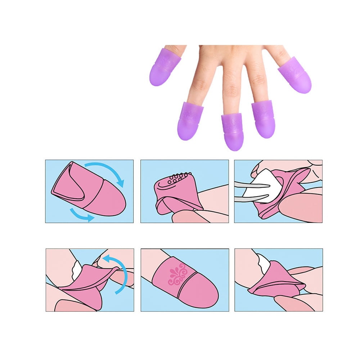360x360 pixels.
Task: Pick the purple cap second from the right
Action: pos(264,119)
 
